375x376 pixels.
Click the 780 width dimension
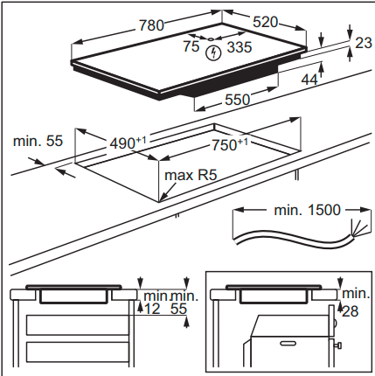click(151, 25)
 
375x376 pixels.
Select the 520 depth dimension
click(265, 22)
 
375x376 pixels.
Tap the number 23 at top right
click(364, 43)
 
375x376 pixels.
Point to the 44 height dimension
click(309, 80)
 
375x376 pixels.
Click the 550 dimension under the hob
click(238, 100)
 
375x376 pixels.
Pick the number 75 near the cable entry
click(191, 46)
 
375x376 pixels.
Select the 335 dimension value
click(240, 47)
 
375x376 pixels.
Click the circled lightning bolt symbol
click(213, 53)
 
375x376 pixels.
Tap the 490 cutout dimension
click(128, 143)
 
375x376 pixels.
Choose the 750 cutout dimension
click(230, 144)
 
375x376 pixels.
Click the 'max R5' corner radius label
click(191, 175)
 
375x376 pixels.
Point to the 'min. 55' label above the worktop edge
click(38, 141)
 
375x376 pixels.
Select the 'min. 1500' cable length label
click(308, 210)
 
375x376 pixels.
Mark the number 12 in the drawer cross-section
click(153, 309)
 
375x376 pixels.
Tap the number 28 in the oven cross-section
click(350, 311)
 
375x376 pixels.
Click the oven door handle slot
click(288, 344)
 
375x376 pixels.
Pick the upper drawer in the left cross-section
click(78, 325)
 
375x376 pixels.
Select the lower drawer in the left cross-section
click(78, 352)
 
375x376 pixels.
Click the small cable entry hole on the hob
click(211, 38)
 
